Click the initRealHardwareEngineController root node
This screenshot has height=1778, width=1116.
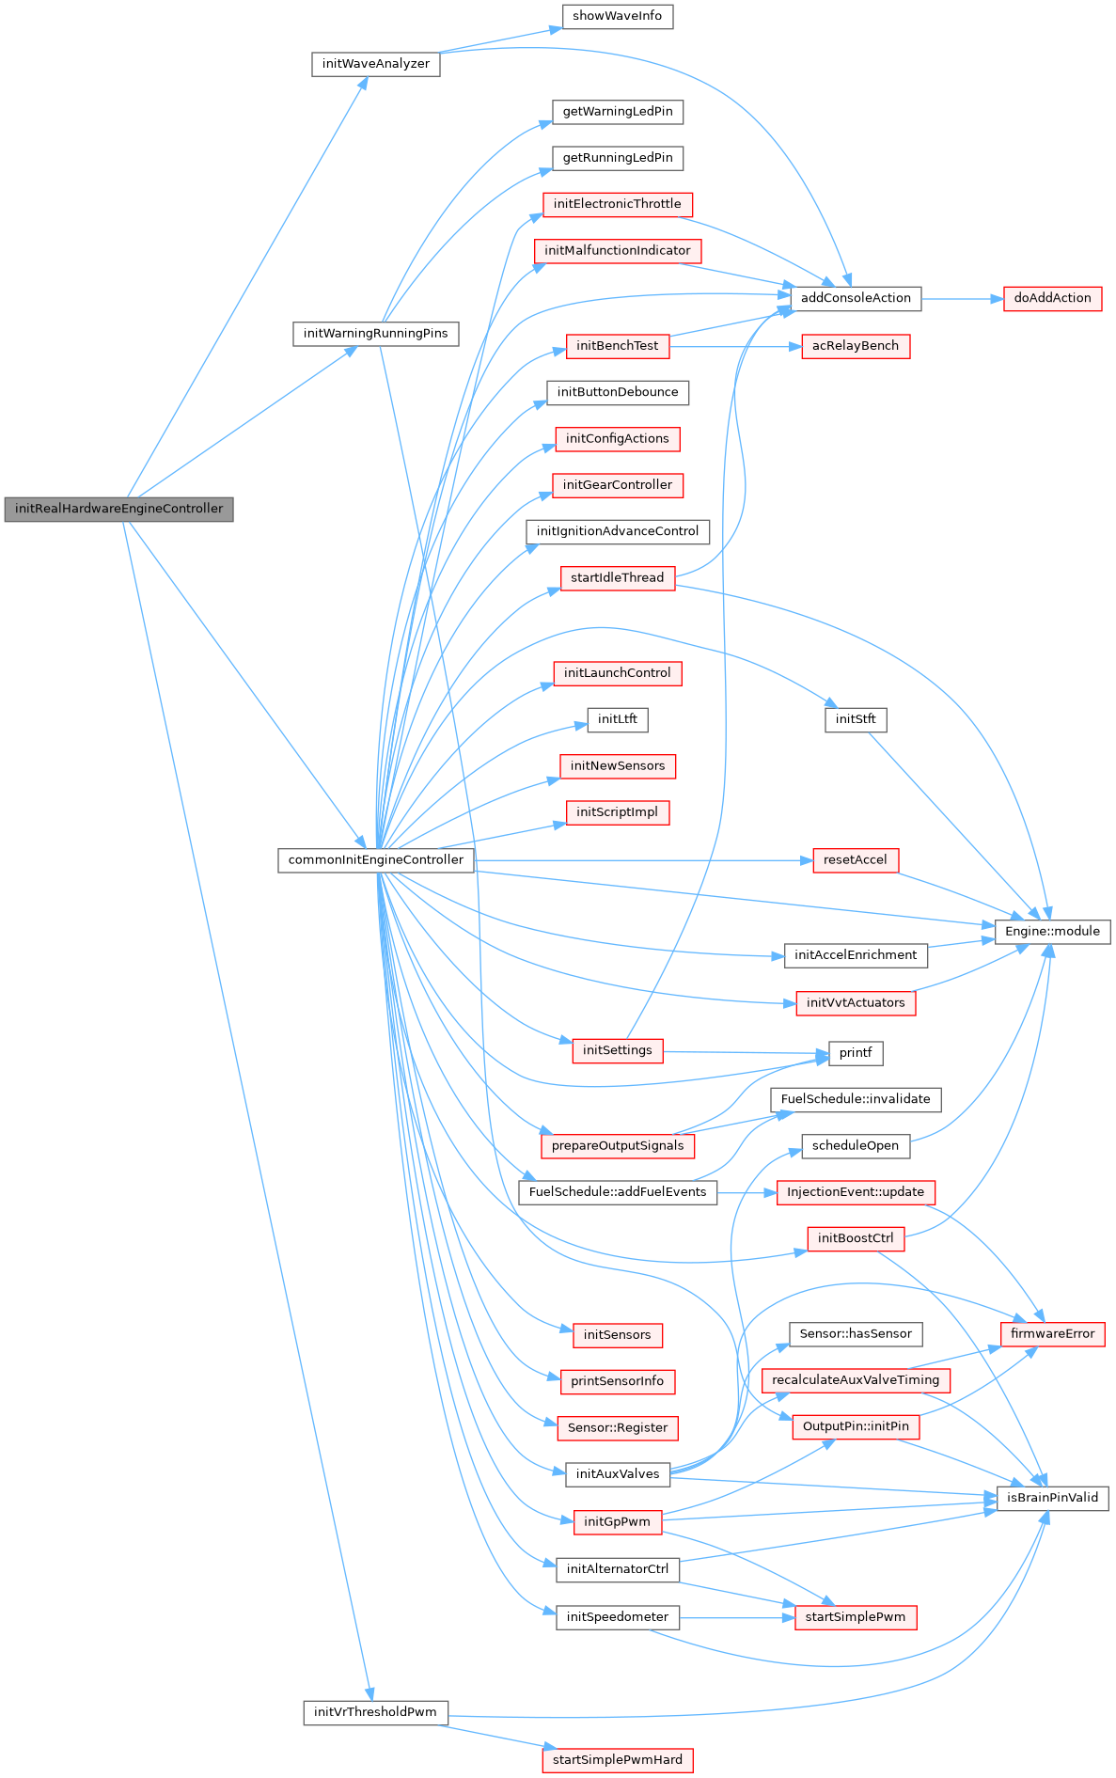[x=118, y=509]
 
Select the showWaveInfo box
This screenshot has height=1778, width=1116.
[x=617, y=16]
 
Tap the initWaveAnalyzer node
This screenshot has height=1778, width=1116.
[x=375, y=64]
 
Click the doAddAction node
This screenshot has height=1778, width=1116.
[x=1052, y=298]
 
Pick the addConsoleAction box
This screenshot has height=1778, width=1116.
[x=855, y=298]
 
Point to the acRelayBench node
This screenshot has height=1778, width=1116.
[x=855, y=346]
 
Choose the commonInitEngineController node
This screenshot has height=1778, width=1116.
[x=375, y=859]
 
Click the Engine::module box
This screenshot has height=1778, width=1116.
[x=1052, y=931]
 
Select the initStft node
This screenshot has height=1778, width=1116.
[x=855, y=719]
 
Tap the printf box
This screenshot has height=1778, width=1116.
[x=855, y=1052]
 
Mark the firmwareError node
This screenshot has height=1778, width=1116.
[x=1052, y=1333]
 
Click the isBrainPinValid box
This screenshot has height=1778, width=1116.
[x=1052, y=1498]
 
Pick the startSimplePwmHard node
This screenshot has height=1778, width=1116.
[x=617, y=1760]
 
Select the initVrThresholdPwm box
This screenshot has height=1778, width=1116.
[x=375, y=1712]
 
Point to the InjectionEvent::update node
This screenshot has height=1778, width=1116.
[x=855, y=1192]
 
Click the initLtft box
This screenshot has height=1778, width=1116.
[x=617, y=719]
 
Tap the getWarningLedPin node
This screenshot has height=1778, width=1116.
[x=617, y=111]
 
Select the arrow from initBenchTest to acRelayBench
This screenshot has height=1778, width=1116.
[x=733, y=346]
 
